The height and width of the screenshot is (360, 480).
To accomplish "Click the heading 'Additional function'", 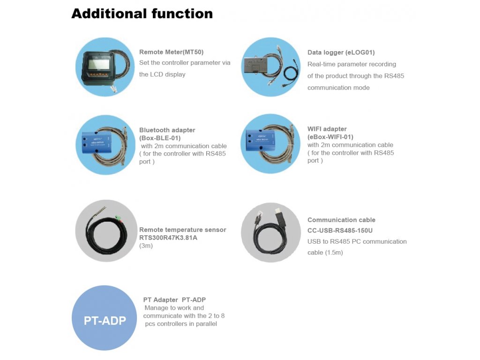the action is (x=142, y=14).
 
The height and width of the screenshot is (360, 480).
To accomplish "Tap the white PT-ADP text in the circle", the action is (x=105, y=321).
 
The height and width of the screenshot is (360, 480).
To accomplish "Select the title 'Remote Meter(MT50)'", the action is (x=171, y=52).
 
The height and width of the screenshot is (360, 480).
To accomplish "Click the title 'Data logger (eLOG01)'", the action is (x=341, y=52).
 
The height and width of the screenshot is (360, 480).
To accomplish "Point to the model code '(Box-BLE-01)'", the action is (x=160, y=138).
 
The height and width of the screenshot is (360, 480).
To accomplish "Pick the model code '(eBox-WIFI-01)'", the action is (x=330, y=137).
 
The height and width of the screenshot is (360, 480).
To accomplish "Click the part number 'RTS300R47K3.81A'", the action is (x=168, y=238).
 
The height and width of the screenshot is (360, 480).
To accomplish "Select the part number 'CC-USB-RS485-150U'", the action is (x=340, y=231).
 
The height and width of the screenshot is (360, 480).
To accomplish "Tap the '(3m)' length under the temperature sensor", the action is (x=146, y=246).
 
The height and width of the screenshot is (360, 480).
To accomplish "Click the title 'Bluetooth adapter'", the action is (x=167, y=130).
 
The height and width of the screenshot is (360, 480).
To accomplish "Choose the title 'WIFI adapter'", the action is (x=327, y=129).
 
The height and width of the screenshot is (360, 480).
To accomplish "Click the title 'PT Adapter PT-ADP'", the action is (x=174, y=300).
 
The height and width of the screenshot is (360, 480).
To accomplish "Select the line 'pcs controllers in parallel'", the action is (x=180, y=324).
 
